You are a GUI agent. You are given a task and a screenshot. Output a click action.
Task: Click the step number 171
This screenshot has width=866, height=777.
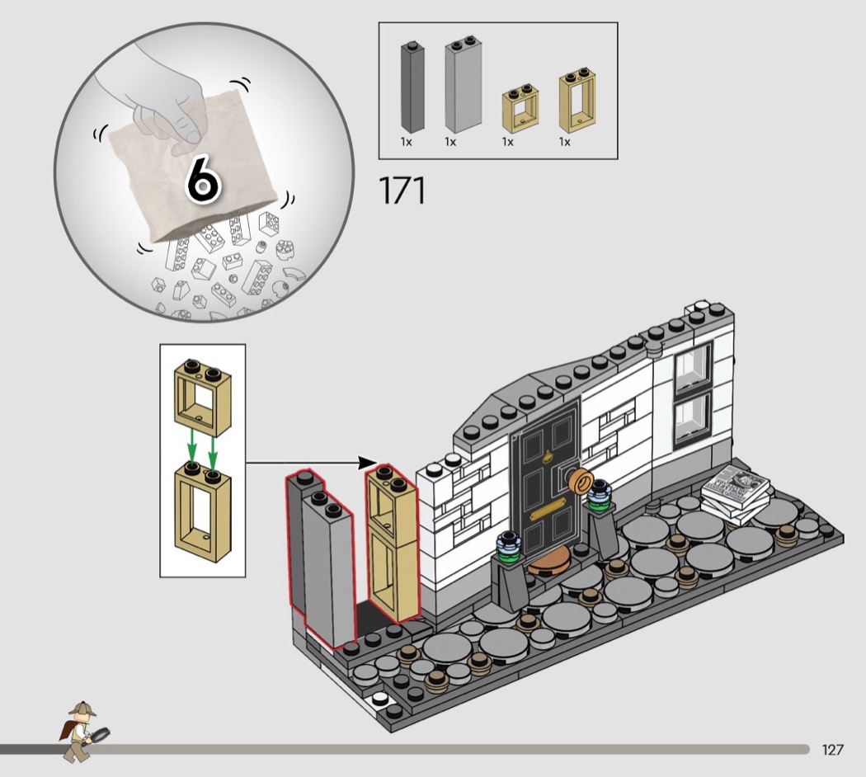(402, 191)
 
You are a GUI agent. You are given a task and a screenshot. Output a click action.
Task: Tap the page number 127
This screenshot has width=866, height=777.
(833, 750)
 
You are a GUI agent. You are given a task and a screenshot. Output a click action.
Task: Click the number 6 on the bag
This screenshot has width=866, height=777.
(203, 178)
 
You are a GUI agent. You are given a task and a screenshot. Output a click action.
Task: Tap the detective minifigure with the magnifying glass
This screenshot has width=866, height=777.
(82, 731)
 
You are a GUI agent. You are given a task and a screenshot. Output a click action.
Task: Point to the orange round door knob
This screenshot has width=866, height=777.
(581, 480)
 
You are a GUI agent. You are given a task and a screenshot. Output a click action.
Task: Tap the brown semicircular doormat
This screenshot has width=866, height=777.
(549, 566)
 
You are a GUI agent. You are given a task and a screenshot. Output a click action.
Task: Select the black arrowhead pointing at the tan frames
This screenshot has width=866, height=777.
(367, 463)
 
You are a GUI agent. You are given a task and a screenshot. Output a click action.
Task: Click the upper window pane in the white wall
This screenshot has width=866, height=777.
(693, 365)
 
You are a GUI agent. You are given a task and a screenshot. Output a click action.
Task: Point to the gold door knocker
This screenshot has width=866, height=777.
(548, 457)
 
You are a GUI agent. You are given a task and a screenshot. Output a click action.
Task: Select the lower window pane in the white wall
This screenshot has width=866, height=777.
(693, 419)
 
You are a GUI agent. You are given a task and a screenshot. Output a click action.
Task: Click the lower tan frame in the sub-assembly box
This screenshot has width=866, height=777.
(203, 511)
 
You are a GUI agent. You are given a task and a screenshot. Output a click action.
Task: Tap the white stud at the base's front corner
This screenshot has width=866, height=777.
(380, 699)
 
